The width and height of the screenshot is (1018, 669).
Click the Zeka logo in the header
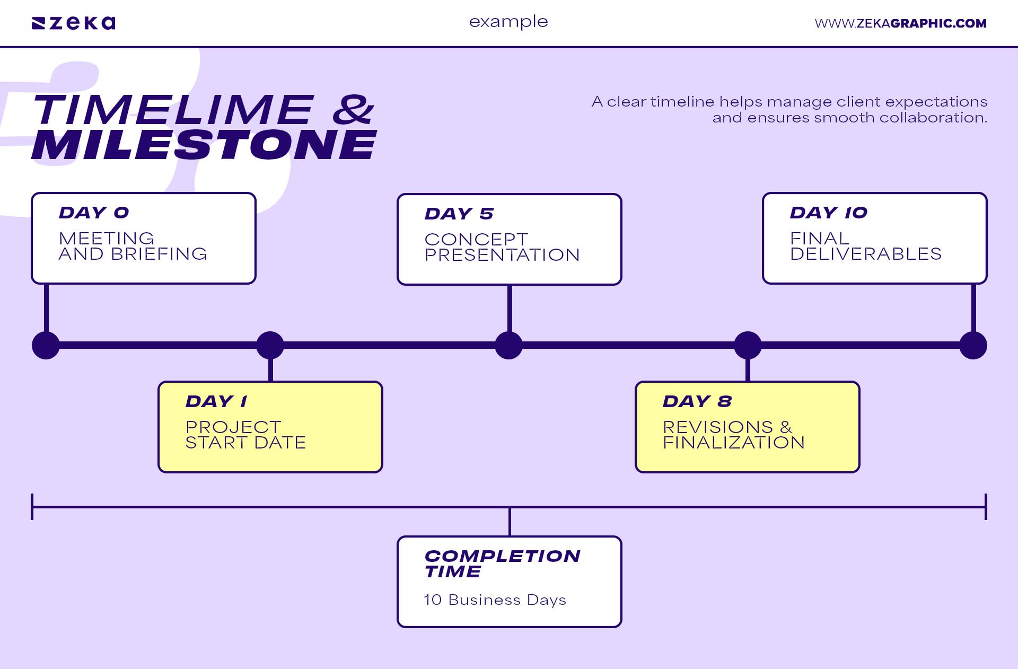[x=74, y=23]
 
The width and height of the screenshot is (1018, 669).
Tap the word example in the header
[x=508, y=22]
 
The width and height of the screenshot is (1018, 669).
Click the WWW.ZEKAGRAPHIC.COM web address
[x=900, y=23]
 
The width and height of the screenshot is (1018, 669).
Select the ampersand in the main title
[x=353, y=110]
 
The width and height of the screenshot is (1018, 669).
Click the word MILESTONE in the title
[x=204, y=145]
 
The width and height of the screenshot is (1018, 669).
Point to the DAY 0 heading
[x=94, y=213]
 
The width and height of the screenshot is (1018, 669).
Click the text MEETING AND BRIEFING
[x=133, y=246]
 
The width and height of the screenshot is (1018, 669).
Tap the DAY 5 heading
[x=459, y=214]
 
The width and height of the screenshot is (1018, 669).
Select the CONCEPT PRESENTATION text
[x=502, y=247]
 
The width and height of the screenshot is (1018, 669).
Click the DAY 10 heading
[x=828, y=213]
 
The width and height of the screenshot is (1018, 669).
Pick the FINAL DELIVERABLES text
[x=865, y=246]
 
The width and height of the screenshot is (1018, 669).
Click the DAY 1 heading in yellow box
[x=216, y=401]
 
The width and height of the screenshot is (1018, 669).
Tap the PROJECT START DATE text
[x=245, y=435]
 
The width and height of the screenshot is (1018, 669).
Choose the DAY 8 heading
[x=697, y=401]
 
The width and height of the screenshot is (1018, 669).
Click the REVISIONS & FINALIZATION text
[x=733, y=435]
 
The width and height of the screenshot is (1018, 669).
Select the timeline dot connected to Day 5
[x=508, y=346]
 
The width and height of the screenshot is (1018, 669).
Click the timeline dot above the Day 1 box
[x=270, y=346]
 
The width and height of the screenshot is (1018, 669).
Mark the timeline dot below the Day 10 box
[x=973, y=346]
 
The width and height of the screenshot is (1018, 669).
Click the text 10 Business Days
[x=495, y=600]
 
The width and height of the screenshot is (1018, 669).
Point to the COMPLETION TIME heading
[x=502, y=564]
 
